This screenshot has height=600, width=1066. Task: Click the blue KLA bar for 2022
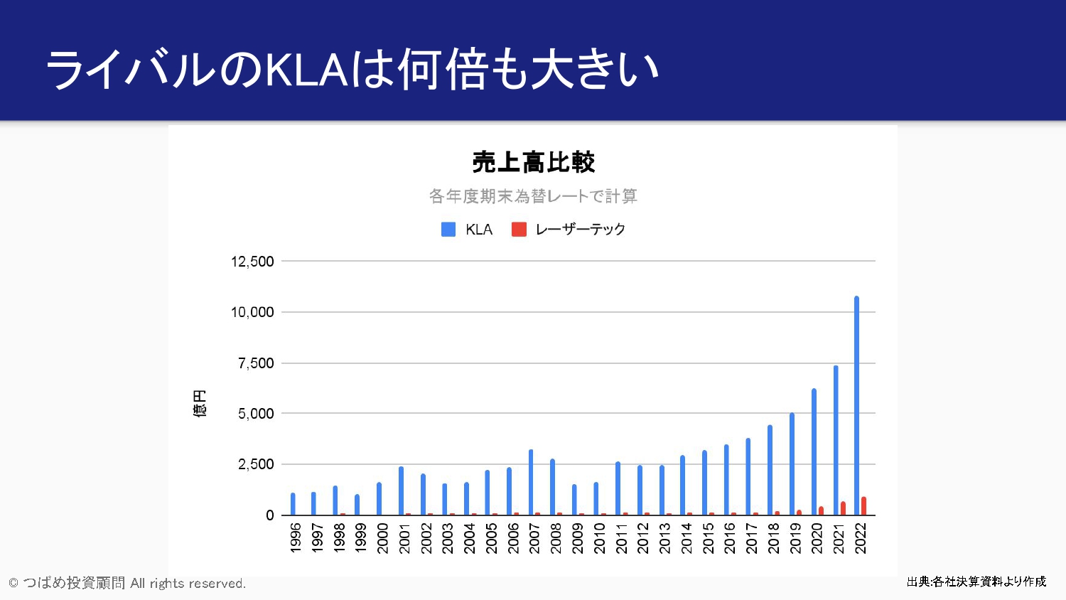(x=856, y=405)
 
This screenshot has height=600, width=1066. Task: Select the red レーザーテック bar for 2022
(x=864, y=506)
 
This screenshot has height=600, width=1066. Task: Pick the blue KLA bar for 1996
(x=293, y=504)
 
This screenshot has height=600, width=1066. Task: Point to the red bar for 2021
(x=843, y=508)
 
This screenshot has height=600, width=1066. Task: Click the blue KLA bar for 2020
(x=814, y=451)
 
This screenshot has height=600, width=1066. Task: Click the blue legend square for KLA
(x=448, y=230)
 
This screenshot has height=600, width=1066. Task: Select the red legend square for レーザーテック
(x=519, y=230)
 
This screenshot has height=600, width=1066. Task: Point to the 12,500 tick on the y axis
(x=252, y=262)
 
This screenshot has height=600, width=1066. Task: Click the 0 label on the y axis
(x=269, y=515)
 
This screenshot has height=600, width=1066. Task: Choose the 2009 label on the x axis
(x=578, y=538)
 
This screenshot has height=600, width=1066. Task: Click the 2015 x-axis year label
(x=709, y=538)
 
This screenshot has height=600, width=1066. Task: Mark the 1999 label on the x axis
(x=361, y=538)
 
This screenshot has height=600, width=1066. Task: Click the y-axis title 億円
(x=200, y=403)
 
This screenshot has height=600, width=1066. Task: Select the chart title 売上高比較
(x=533, y=163)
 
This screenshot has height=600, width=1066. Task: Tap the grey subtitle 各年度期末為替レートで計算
(x=533, y=196)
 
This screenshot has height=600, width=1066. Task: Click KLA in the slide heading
(x=307, y=70)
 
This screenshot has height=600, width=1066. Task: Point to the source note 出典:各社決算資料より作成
(x=976, y=582)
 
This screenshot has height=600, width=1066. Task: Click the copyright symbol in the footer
(x=14, y=584)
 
